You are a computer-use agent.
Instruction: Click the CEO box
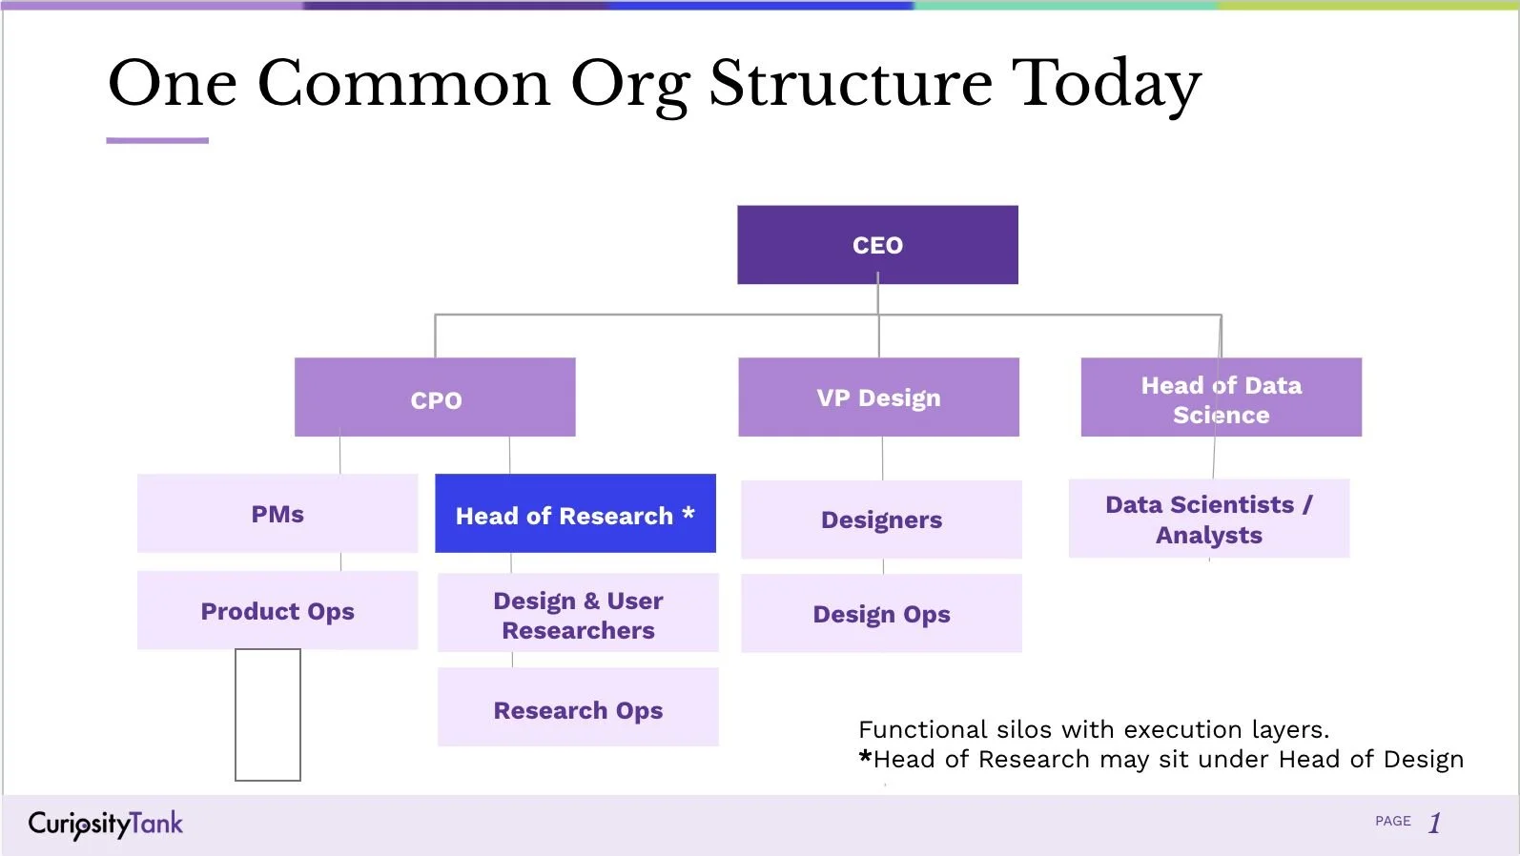(877, 245)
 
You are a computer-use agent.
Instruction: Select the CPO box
(435, 397)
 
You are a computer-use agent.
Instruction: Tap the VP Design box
(878, 397)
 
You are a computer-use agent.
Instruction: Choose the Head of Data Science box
(1221, 397)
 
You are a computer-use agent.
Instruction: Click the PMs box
(277, 514)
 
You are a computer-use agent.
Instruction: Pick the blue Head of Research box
(575, 514)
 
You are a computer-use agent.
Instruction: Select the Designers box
(881, 520)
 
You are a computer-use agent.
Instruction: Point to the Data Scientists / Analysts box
(1208, 519)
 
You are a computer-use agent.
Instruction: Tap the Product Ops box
(277, 610)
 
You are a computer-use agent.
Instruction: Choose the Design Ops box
(881, 614)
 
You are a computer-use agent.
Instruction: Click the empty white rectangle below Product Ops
(268, 715)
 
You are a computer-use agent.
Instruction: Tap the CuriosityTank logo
(105, 824)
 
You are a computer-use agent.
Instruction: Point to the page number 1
(1435, 823)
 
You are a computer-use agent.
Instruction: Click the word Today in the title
(1106, 84)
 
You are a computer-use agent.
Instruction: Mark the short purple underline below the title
(157, 140)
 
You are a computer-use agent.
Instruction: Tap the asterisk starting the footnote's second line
(865, 758)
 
